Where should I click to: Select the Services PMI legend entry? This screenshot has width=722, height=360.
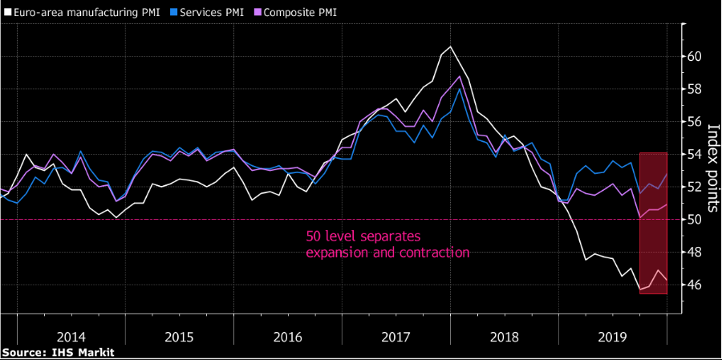205,12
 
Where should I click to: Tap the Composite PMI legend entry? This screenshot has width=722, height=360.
302,12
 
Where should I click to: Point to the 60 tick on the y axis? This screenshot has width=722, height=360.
695,56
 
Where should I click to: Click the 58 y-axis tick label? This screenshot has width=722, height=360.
695,89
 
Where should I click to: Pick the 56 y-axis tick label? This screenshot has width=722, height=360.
695,122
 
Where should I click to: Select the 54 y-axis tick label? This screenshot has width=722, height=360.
695,155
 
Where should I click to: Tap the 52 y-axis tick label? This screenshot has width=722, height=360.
695,187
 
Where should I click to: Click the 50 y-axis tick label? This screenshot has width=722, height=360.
695,220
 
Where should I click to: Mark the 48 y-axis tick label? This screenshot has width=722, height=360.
695,253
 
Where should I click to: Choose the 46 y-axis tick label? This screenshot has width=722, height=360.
695,285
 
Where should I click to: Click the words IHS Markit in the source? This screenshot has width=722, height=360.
84,352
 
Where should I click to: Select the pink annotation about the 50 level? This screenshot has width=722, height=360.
387,244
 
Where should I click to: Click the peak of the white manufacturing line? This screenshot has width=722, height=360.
450,47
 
